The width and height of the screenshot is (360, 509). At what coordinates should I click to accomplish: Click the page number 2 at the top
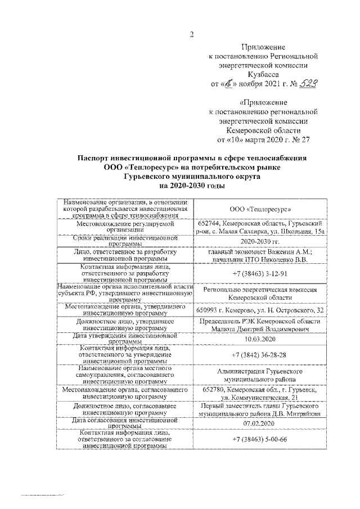[192, 33]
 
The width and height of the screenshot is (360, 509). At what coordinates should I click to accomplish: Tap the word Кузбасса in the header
[263, 74]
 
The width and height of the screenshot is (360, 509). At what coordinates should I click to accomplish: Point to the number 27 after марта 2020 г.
[304, 138]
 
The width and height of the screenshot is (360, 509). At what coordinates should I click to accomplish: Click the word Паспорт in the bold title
[97, 159]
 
